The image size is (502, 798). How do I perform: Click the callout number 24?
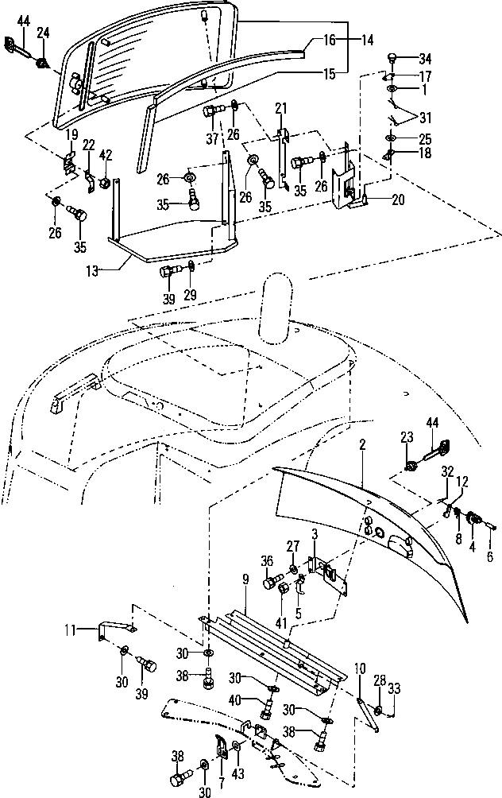click(42, 33)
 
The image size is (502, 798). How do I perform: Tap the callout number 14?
click(346, 38)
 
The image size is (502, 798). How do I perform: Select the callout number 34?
click(425, 58)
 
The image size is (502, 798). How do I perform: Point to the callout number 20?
click(397, 200)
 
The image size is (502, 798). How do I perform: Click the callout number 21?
click(280, 108)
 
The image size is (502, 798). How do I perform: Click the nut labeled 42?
click(104, 184)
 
